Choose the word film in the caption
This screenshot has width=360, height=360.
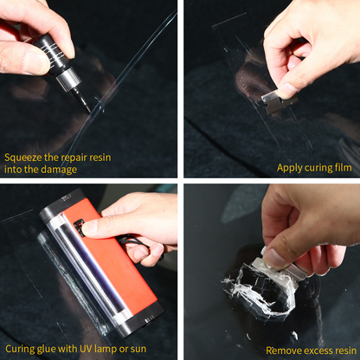tap(342, 167)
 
